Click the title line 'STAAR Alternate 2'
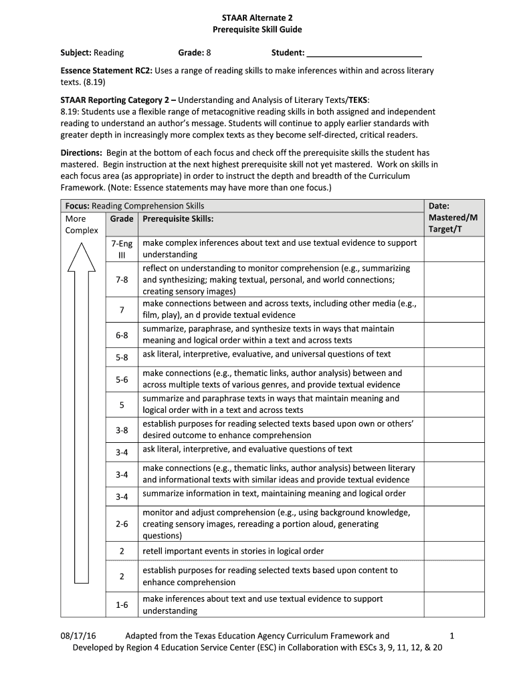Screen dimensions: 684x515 pos(257,17)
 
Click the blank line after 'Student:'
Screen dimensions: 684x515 pos(365,53)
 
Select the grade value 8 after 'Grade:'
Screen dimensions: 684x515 pos(209,53)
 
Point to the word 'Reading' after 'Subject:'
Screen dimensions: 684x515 pos(109,53)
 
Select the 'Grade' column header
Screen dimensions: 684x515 pos(122,218)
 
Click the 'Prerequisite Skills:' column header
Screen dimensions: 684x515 pos(178,218)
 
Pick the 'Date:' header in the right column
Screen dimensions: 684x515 pos(439,206)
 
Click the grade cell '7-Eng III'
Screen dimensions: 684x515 pos(122,248)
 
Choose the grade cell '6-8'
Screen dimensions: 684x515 pos(122,335)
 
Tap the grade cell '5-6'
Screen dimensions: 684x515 pos(122,379)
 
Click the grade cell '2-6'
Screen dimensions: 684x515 pos(122,524)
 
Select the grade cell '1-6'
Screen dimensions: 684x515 pos(122,605)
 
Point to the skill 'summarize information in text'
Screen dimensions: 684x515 pos(274,494)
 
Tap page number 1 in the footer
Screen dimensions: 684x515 pos(452,636)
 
